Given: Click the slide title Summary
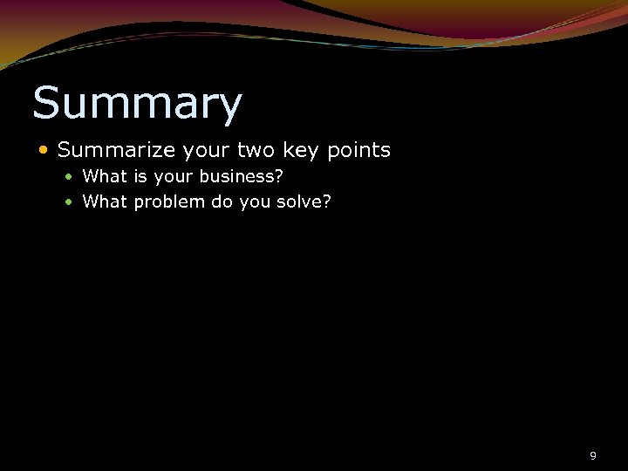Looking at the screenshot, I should (137, 105).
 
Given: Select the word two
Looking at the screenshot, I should (257, 150).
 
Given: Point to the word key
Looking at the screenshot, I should (302, 151).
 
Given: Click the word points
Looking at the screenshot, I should (358, 151).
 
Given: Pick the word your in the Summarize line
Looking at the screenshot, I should (207, 151).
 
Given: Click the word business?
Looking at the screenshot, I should (242, 176).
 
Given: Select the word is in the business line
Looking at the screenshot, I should (139, 176).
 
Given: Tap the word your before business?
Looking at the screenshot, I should (174, 177).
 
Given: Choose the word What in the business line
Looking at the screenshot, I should (105, 176).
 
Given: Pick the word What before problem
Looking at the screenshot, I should (105, 202).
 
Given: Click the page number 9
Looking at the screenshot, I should (593, 455).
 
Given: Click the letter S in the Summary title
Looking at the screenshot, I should (47, 103).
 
